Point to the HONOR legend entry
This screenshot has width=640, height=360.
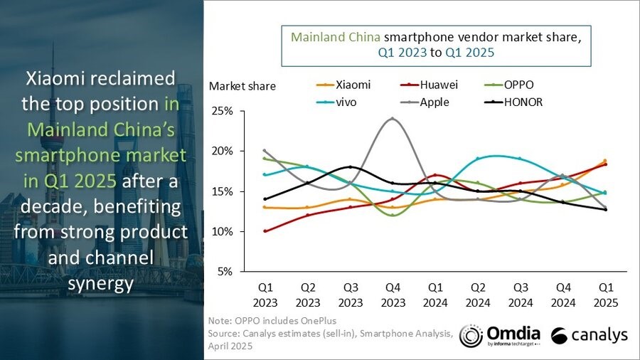tap(515, 102)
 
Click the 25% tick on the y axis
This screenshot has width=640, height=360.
tap(222, 112)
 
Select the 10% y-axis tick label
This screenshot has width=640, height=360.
tap(222, 232)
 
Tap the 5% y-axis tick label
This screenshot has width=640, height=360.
tap(225, 272)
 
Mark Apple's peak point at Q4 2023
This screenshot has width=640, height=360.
tap(392, 119)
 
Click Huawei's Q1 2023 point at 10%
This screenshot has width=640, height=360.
tap(265, 231)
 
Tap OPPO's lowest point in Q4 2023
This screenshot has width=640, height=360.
tap(392, 215)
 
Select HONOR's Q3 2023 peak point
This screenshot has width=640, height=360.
tap(350, 167)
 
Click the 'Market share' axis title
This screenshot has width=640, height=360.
tap(242, 86)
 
